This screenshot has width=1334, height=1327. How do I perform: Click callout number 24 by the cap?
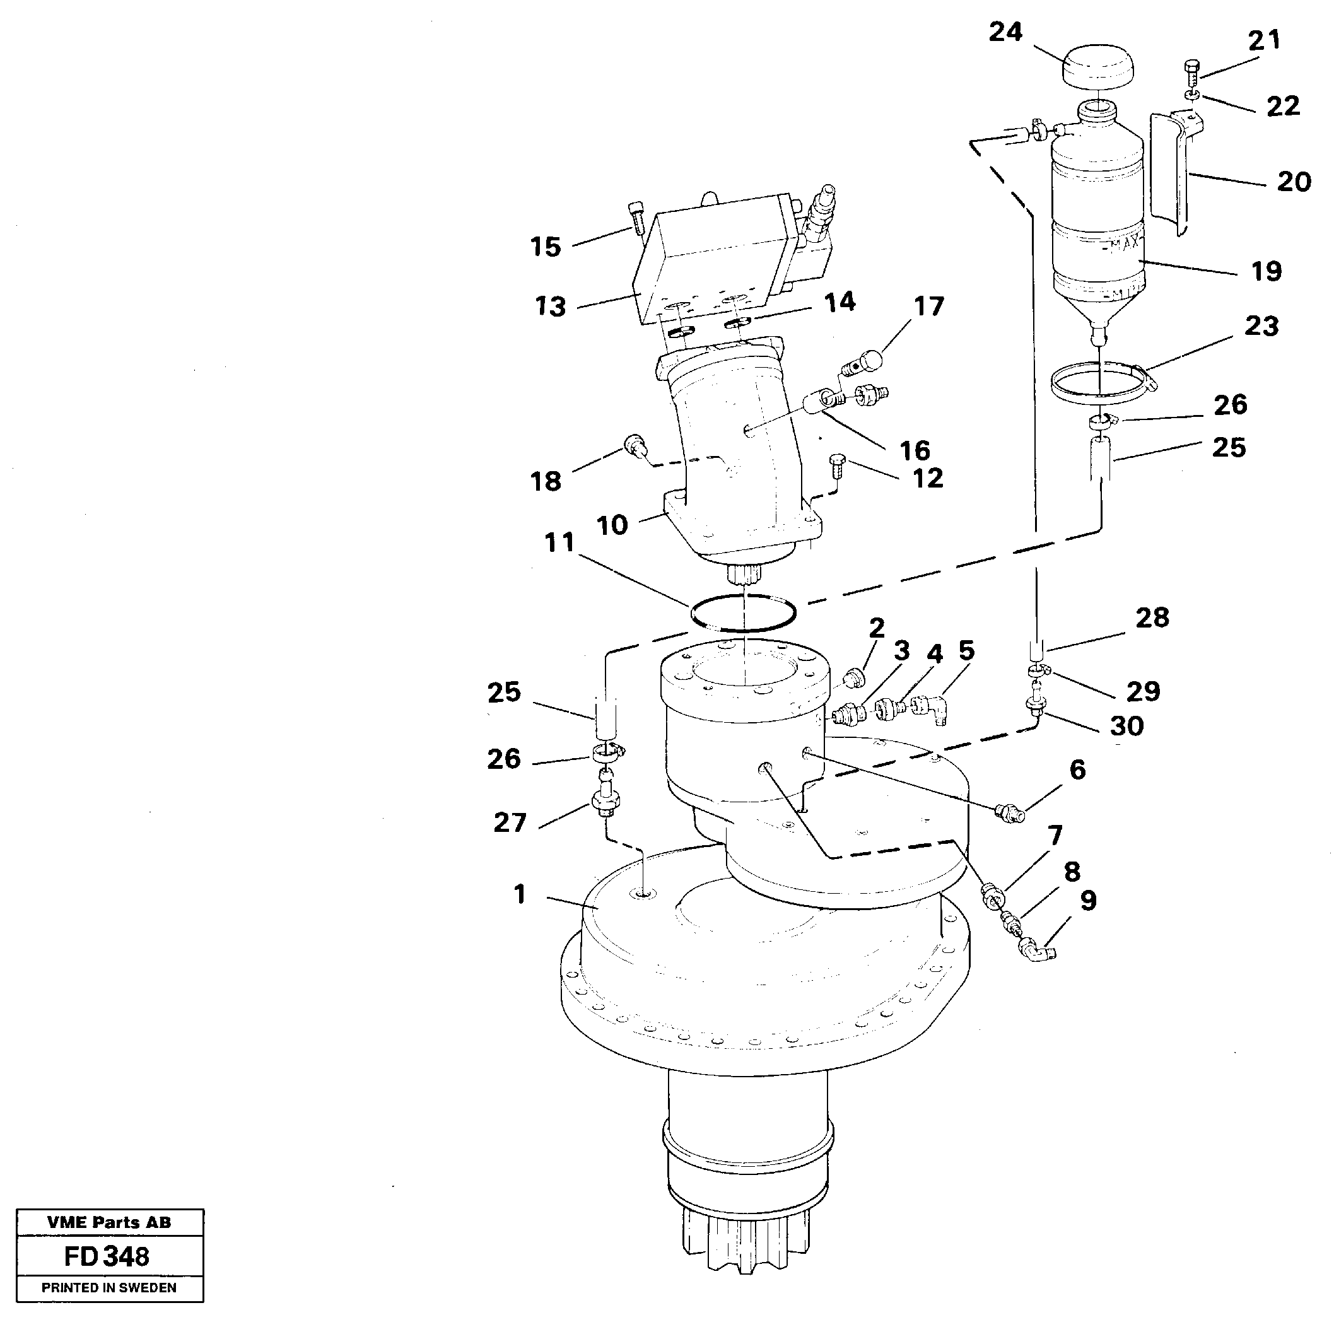coord(1005,32)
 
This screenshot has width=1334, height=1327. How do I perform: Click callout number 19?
coord(1267,271)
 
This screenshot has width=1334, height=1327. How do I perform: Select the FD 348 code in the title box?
coord(107,1256)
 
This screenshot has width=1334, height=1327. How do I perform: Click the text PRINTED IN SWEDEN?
coord(109,1288)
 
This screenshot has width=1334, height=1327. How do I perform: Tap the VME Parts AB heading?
coord(109,1222)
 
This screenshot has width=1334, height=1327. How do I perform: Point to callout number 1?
coord(520,895)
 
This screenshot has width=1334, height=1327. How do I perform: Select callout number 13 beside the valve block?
coord(550,307)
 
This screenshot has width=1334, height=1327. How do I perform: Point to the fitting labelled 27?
coord(605,802)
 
